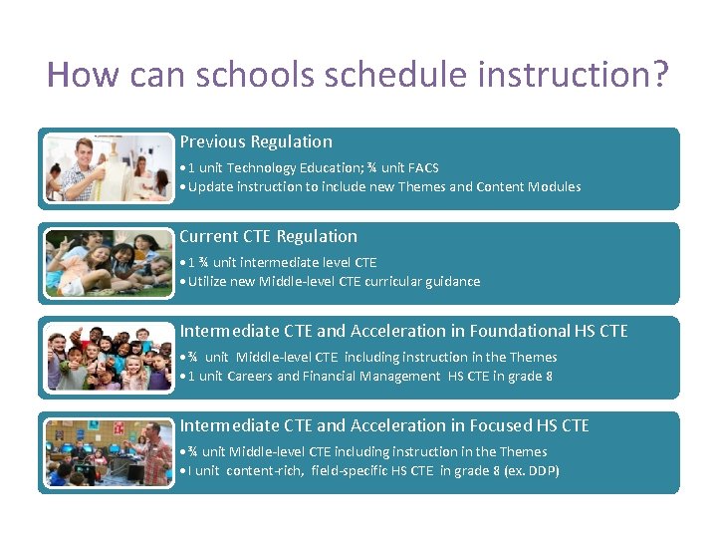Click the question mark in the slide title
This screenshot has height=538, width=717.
tap(659, 75)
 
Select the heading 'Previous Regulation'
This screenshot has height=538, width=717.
tap(256, 141)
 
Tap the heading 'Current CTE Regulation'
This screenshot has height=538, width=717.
tap(268, 236)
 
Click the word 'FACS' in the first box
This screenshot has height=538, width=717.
tap(423, 167)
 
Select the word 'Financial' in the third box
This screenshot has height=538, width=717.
tap(336, 376)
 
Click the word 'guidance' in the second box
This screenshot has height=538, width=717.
tap(452, 281)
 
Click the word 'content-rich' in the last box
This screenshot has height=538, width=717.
tap(266, 470)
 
